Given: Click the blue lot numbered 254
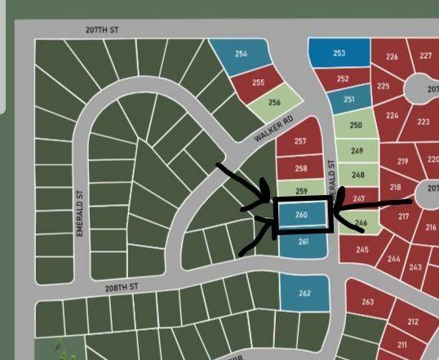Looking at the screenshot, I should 242,56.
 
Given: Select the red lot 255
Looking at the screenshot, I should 258,82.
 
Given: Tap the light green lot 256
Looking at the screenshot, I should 274,103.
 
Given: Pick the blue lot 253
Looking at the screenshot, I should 339,54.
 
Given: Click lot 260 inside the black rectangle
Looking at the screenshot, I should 301,216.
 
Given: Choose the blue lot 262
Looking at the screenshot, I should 304,293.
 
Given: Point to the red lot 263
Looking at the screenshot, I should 366,302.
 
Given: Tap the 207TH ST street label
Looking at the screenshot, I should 101,29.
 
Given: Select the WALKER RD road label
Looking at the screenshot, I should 272,131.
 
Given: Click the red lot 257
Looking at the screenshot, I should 299,142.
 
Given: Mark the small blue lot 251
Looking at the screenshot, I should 349,100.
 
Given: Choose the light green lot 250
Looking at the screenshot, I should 356,126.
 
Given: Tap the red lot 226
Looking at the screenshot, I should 392,57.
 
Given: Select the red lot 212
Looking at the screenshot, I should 412,322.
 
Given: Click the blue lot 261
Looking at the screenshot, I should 304,242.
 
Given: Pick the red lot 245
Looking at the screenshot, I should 361,250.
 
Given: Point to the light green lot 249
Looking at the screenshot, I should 357,151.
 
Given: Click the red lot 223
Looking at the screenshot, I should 422,122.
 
